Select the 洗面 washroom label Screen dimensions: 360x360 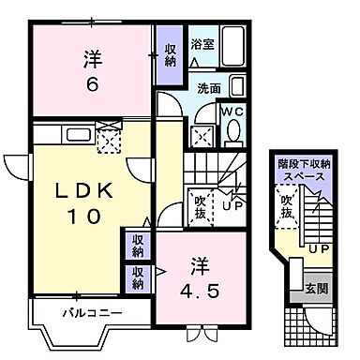coord(208,88)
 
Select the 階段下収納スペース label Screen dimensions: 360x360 coord(302,170)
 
